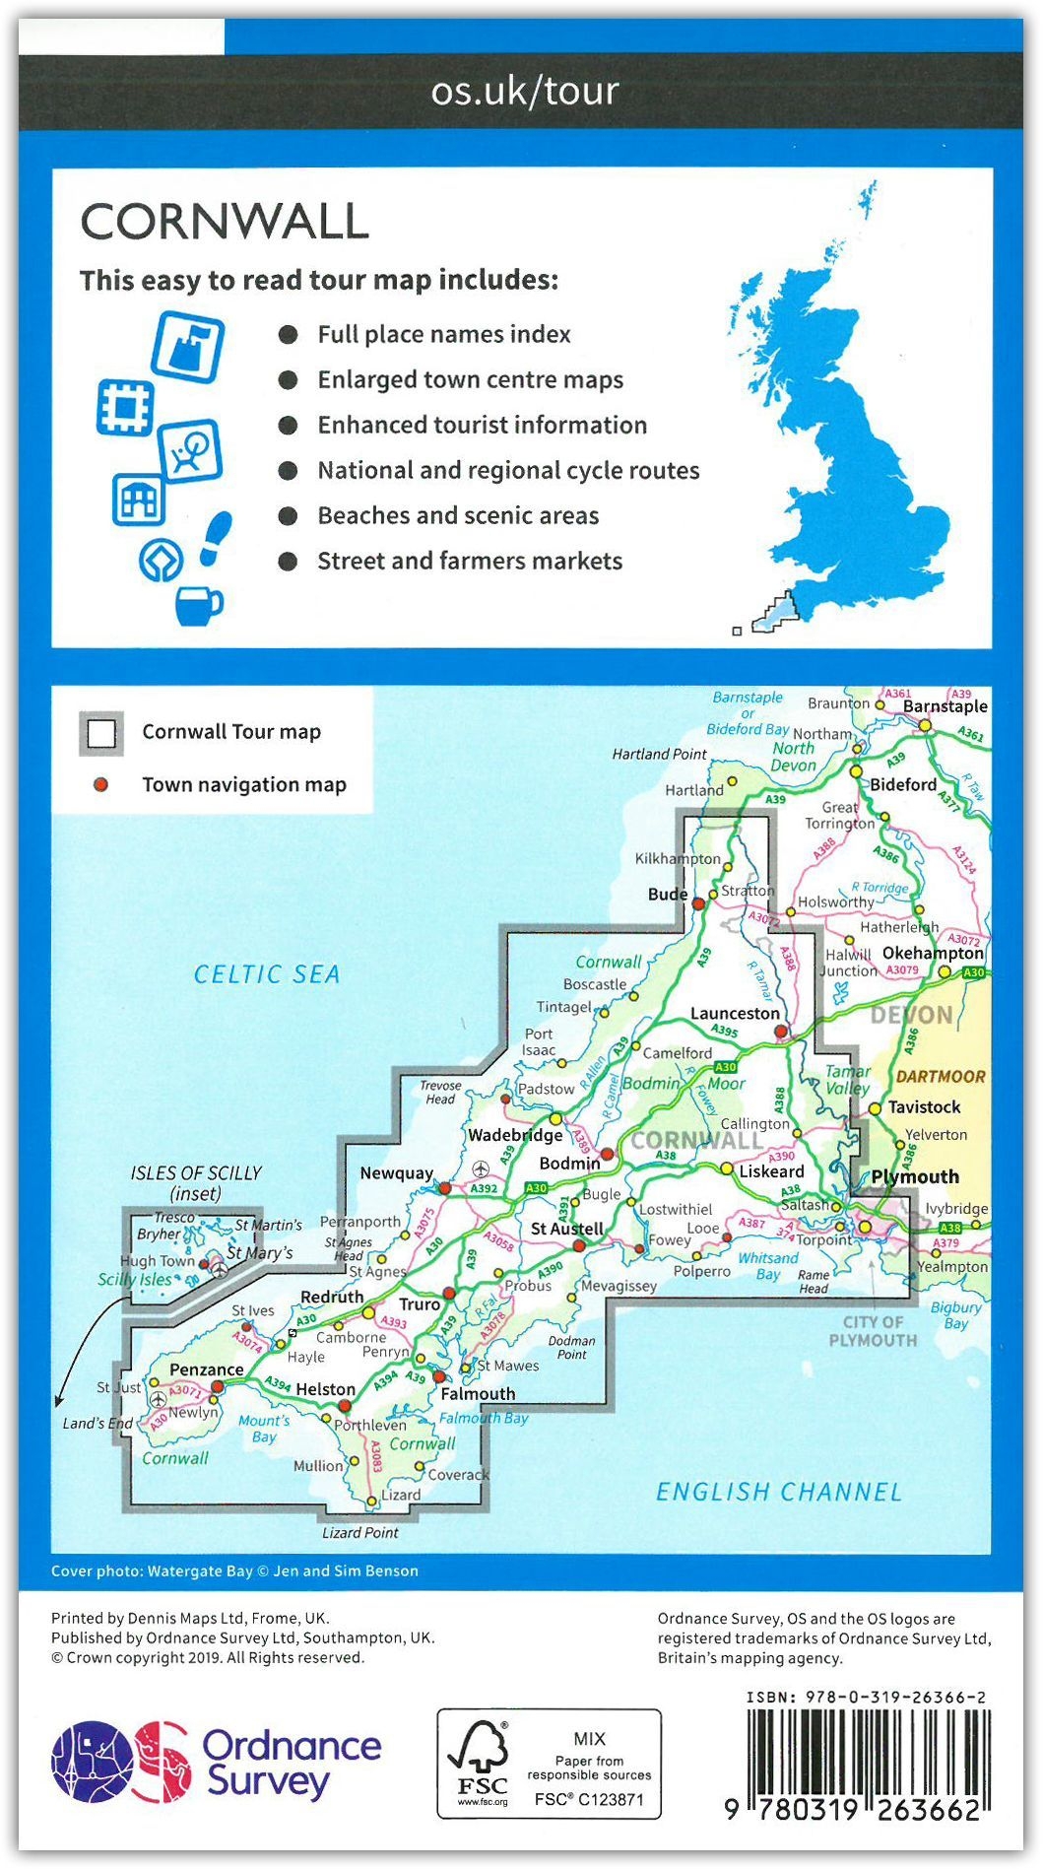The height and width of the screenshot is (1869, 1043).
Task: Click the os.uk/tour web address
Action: click(x=525, y=91)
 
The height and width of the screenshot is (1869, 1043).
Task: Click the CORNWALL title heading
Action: click(x=225, y=222)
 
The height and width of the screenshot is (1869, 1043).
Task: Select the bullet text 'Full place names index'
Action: click(x=443, y=335)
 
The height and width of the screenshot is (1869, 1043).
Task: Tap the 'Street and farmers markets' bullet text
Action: click(x=470, y=562)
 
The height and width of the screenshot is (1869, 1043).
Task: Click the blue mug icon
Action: click(x=197, y=604)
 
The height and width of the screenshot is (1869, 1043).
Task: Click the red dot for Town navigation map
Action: click(x=100, y=785)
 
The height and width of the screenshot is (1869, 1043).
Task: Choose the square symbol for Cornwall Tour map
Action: click(x=101, y=733)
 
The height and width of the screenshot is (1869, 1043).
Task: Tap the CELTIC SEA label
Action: click(x=267, y=974)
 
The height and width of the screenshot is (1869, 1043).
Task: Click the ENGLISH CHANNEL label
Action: click(x=779, y=1493)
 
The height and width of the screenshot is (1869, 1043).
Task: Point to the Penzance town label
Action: click(x=206, y=1369)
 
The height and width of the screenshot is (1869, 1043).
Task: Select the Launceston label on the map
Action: click(x=735, y=1013)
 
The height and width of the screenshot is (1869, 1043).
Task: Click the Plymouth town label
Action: click(x=915, y=1176)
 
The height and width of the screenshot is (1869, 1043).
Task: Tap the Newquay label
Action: click(x=396, y=1172)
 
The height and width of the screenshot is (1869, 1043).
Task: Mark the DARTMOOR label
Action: click(x=940, y=1077)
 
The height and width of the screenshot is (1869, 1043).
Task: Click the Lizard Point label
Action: click(x=360, y=1533)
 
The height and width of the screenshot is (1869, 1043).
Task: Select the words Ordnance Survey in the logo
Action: click(x=291, y=1763)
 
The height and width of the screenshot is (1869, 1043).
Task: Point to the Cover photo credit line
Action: click(x=234, y=1571)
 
